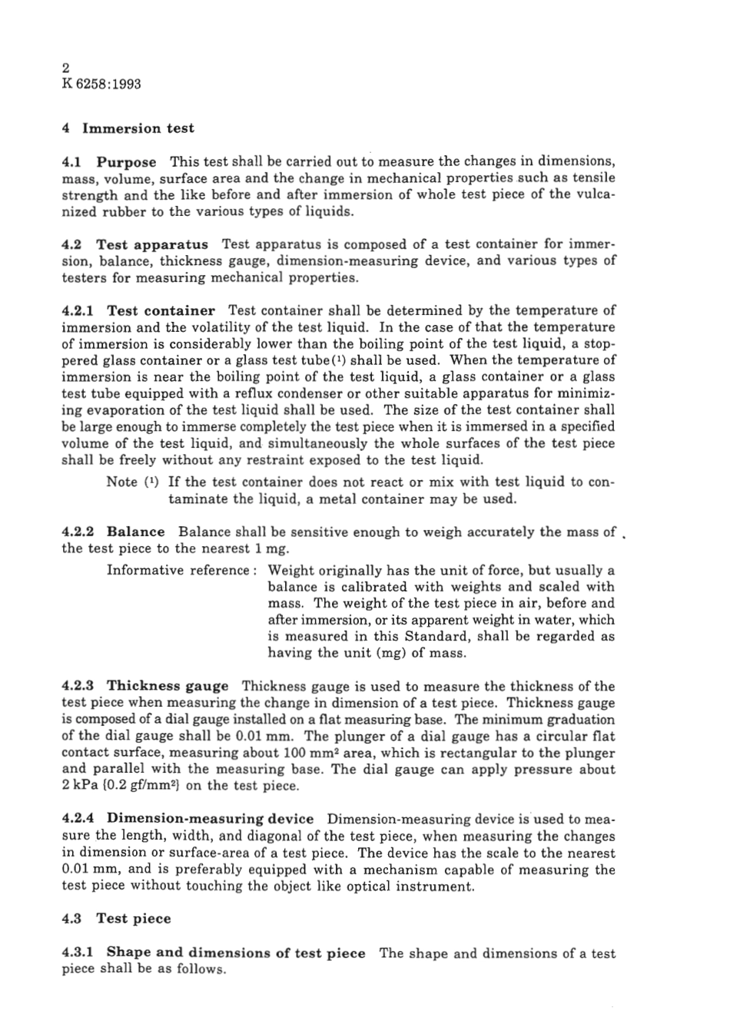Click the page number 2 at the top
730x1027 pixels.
tap(65, 68)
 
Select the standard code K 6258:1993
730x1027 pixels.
tap(101, 84)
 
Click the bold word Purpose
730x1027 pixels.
tap(126, 162)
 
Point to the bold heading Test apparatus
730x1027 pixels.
tap(151, 245)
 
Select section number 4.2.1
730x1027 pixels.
tap(78, 311)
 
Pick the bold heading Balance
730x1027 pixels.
tap(135, 532)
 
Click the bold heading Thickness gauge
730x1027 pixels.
tap(167, 686)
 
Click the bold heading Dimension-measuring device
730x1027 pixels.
tap(209, 819)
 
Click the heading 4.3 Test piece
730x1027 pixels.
tap(116, 919)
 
